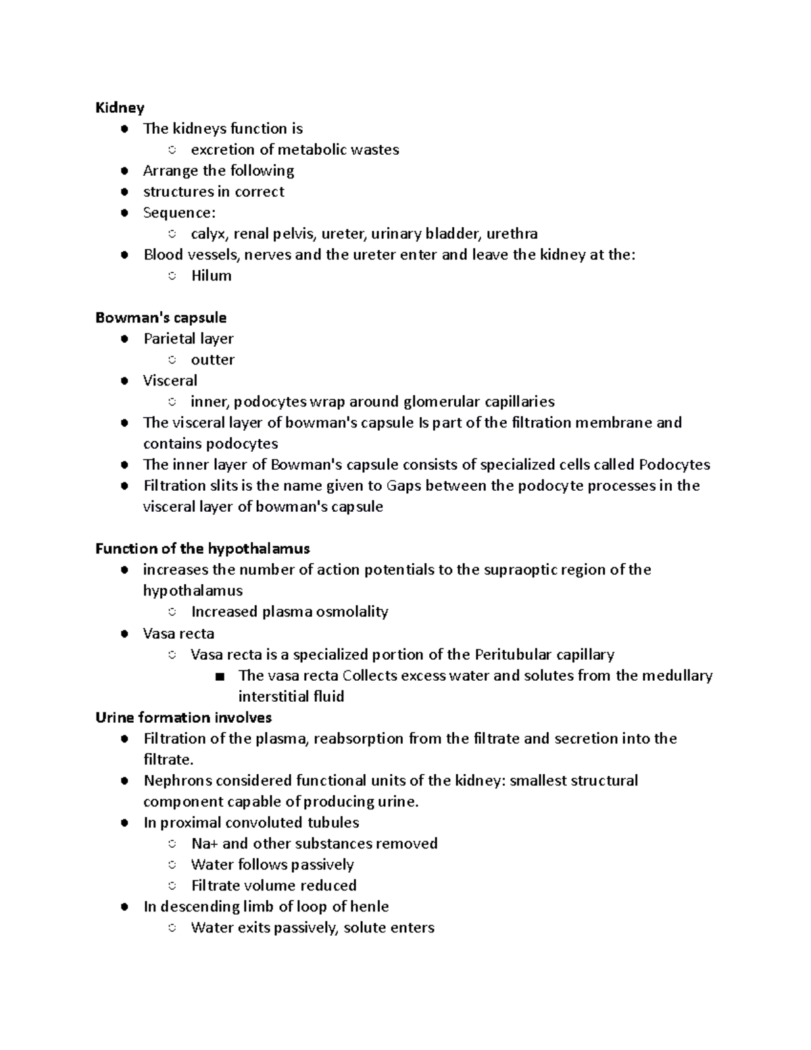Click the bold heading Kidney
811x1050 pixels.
click(x=120, y=108)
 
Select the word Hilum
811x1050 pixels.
click(x=211, y=276)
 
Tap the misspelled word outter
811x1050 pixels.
click(x=212, y=360)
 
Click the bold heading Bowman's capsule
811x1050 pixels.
click(x=161, y=318)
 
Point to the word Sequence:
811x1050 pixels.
click(x=179, y=213)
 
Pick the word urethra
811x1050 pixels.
click(x=512, y=234)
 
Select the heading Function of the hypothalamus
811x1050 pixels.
click(x=203, y=548)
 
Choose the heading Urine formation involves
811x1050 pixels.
click(x=183, y=717)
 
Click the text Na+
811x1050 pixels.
click(x=204, y=844)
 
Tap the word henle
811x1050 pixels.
click(x=369, y=907)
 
